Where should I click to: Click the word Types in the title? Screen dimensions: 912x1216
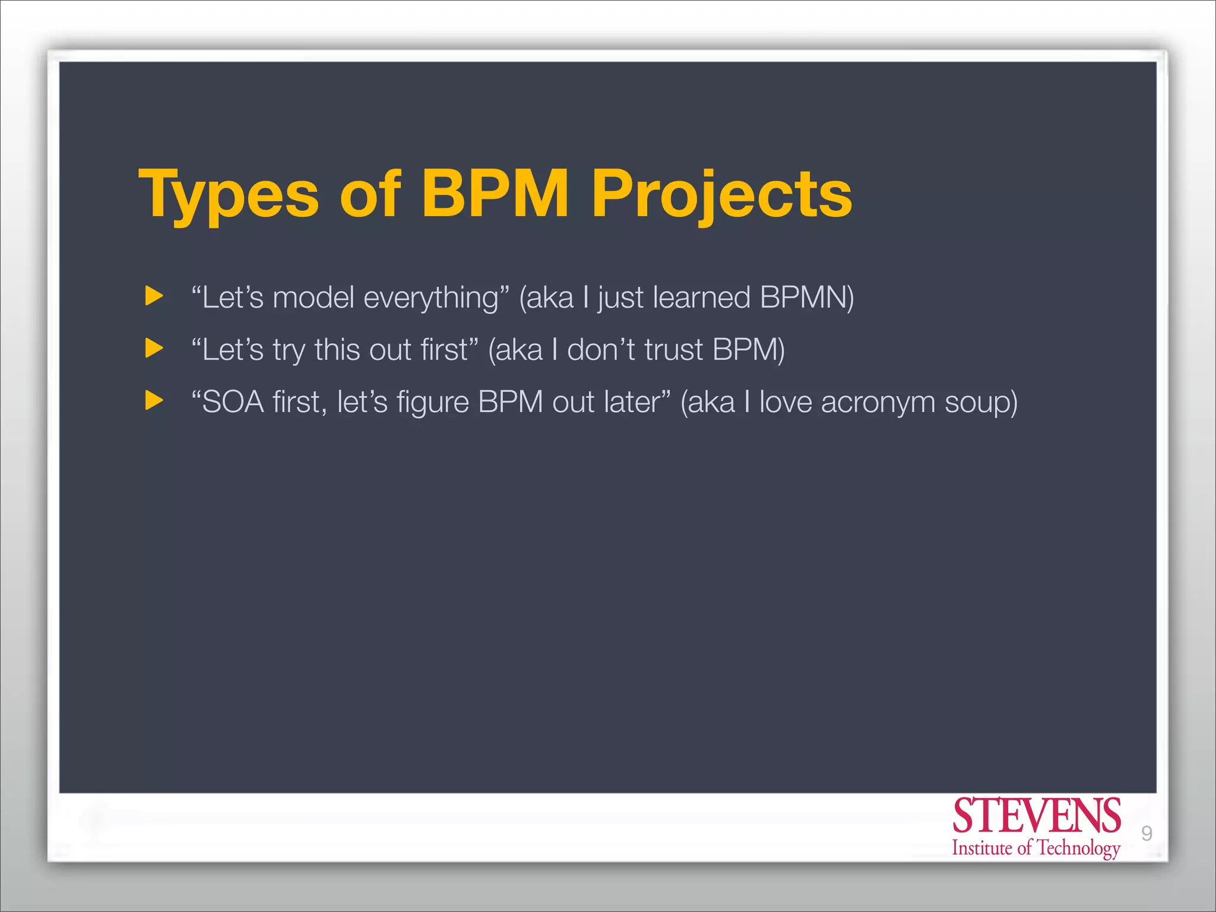[229, 195]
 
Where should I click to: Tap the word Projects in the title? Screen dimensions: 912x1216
[721, 195]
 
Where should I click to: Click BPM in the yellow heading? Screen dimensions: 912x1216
[495, 194]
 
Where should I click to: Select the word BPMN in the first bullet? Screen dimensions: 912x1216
[806, 297]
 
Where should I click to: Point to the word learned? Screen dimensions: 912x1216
[701, 297]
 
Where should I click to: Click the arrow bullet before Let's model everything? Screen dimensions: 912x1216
[154, 296]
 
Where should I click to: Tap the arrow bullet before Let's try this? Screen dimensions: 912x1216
[154, 348]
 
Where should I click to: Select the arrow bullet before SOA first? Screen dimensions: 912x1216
[154, 400]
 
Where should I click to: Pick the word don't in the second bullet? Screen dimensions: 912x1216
[601, 350]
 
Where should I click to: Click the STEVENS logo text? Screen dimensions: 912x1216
[1036, 816]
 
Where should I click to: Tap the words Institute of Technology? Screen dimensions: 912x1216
[1036, 848]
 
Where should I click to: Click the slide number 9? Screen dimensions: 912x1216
[1147, 834]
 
